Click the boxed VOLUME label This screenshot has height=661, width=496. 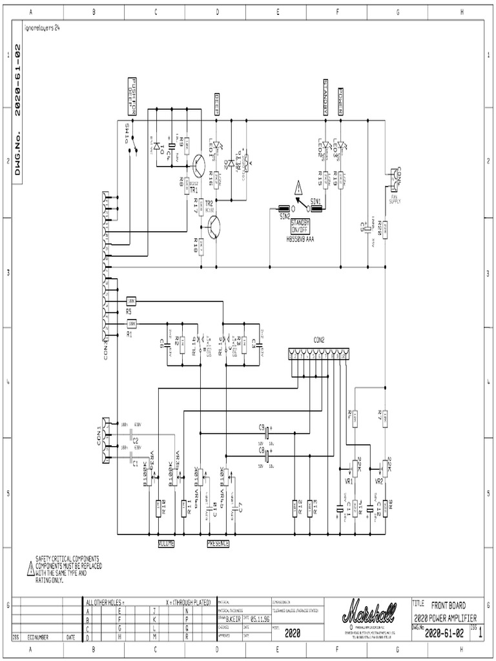[167, 544]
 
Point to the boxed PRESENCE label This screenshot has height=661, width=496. [218, 544]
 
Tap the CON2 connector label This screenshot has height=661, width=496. [319, 339]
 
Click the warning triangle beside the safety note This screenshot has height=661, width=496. [30, 568]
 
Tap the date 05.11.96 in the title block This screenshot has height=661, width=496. [256, 616]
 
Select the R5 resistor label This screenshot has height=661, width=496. [129, 312]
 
